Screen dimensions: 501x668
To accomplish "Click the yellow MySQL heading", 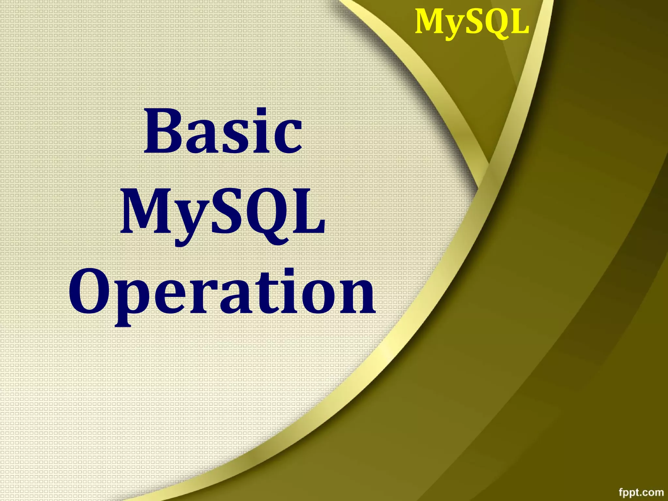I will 472,22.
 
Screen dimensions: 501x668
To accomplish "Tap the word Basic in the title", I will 223,132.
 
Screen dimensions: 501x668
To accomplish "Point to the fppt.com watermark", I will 641,492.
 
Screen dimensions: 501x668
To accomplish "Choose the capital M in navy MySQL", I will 145,212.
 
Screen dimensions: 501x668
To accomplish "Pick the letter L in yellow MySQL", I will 519,22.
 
